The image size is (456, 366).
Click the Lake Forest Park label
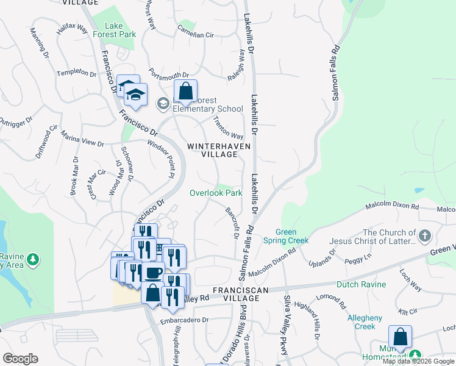coord(119,30)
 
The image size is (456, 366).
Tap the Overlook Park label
coord(215,193)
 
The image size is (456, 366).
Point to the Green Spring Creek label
coord(293,236)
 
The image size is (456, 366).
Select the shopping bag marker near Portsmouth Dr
coord(185,92)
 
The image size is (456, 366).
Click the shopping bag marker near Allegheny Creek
coord(400,337)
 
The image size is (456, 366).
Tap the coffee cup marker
coord(153,273)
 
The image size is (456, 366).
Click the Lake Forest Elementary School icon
coord(163,103)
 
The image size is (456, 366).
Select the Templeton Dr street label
coord(77,73)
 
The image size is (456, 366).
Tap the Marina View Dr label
coord(83,142)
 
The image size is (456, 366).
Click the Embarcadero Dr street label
coord(184,320)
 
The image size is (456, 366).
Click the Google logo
coord(20,359)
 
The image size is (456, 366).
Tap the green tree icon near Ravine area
coord(33,260)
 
